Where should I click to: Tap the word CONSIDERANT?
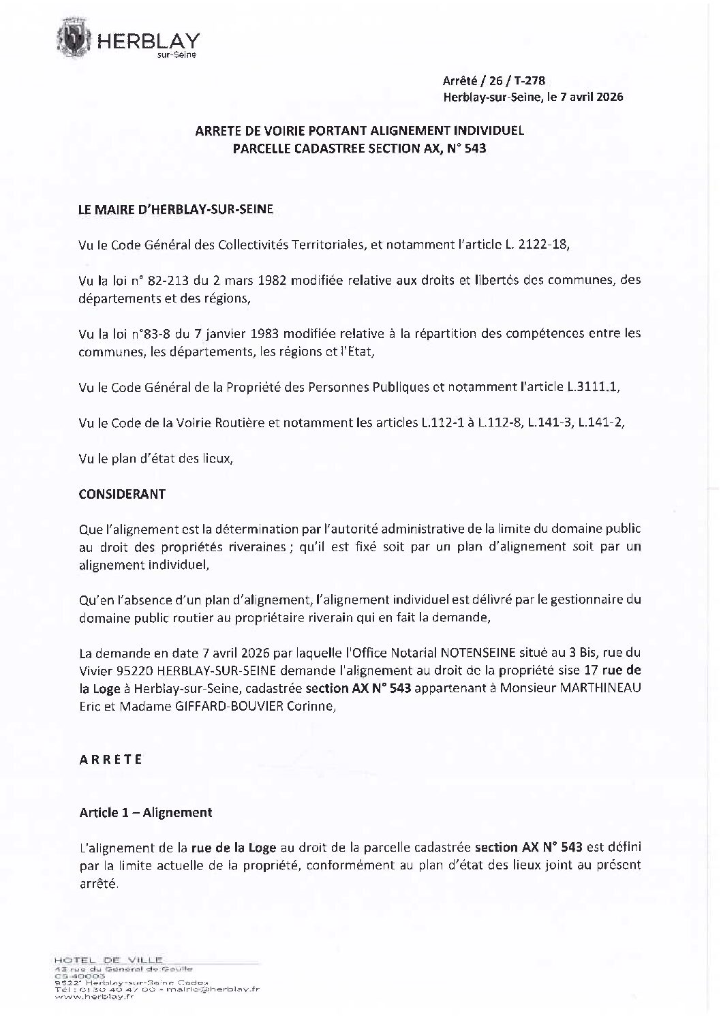[x=122, y=494]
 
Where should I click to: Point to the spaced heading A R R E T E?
[x=110, y=760]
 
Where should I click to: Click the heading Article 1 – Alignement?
[x=146, y=812]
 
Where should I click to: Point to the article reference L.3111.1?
[x=594, y=387]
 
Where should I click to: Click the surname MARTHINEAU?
[x=600, y=689]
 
